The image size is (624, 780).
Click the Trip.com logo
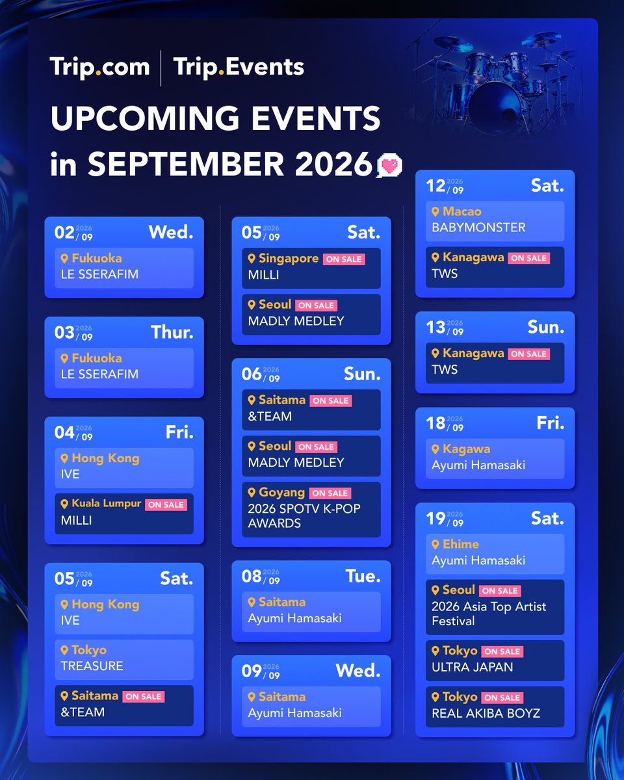point(99,68)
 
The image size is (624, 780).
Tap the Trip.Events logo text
point(239,68)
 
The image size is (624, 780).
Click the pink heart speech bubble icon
point(390,165)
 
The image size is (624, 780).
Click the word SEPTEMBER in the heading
point(186,164)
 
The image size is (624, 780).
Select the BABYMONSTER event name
point(478,227)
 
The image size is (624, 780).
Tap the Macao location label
point(462,211)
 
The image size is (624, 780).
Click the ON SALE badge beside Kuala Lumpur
point(166,504)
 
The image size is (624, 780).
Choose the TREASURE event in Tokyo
point(92,666)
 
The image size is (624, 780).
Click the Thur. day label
point(172,332)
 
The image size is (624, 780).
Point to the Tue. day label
point(363,576)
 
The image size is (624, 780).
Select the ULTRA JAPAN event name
point(472,667)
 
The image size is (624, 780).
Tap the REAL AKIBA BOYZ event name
point(486,713)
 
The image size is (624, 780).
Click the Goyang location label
point(281,492)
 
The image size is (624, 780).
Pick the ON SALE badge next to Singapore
point(344,259)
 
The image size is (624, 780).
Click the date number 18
point(435,423)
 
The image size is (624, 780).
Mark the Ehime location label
point(460,544)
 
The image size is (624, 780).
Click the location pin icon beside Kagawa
point(435,449)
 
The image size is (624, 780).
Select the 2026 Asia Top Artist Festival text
point(489,614)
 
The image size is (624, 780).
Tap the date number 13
point(435,328)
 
